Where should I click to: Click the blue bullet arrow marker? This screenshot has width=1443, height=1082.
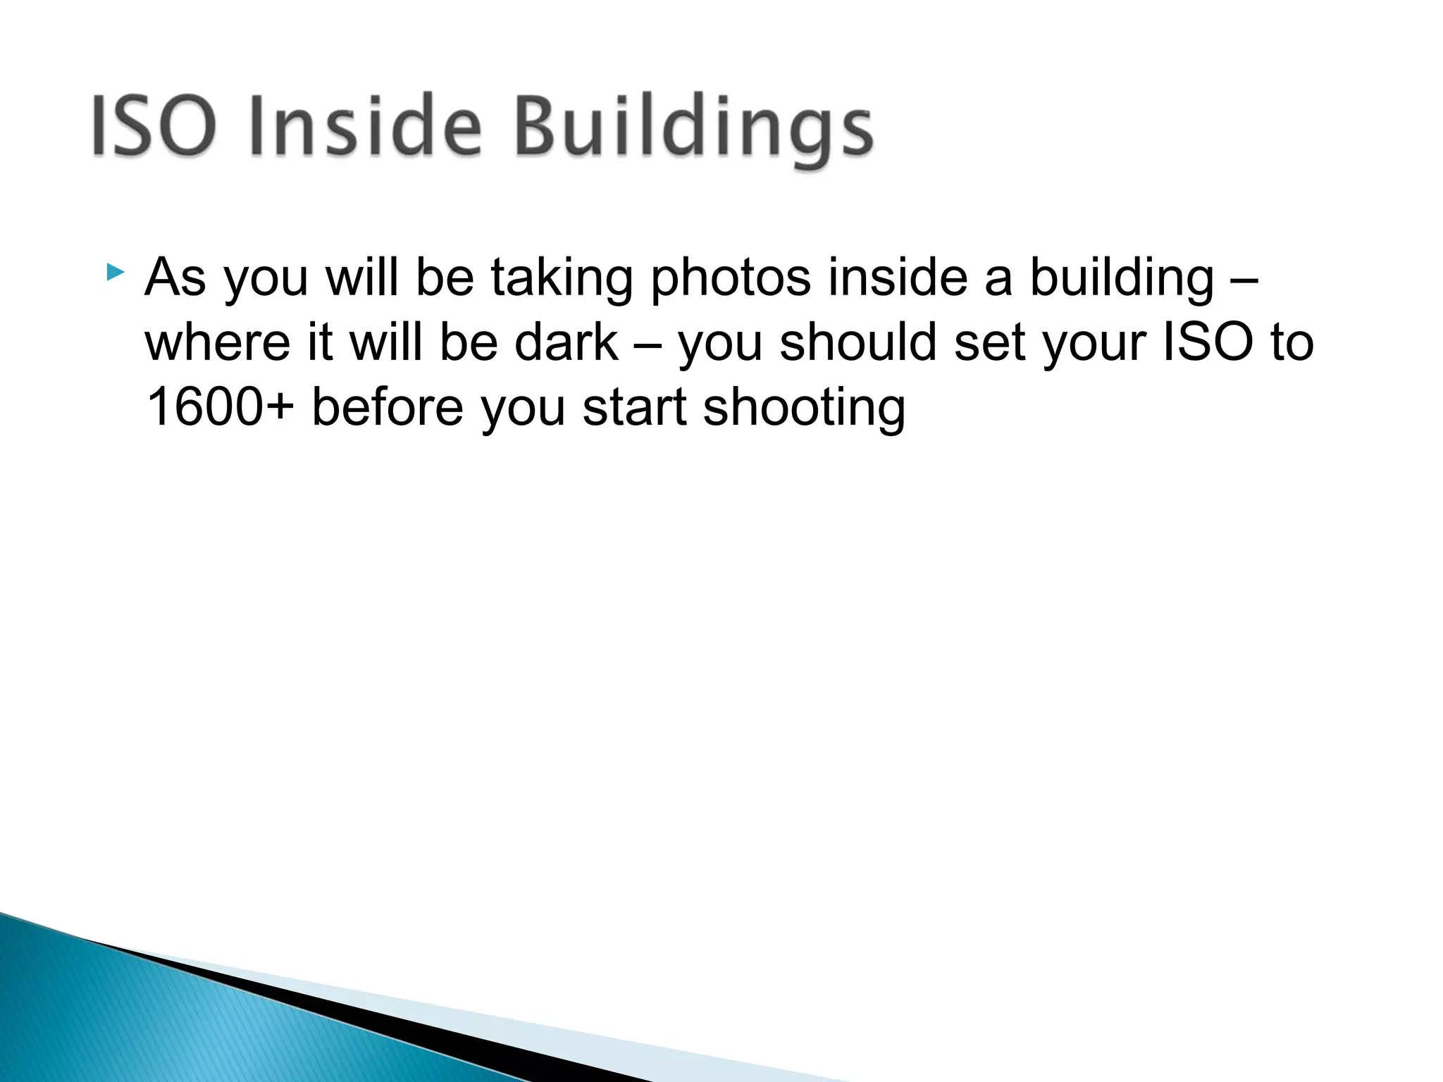[115, 272]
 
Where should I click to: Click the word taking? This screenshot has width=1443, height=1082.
[562, 279]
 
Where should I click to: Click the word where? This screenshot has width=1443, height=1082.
[218, 342]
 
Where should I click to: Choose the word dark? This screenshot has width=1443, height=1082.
[566, 342]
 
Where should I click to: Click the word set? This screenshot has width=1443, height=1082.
[989, 344]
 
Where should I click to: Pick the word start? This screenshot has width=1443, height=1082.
[634, 409]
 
